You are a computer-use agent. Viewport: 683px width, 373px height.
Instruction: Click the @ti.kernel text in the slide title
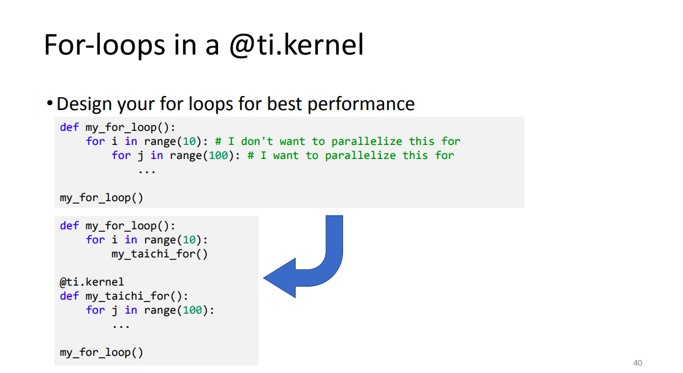coord(296,45)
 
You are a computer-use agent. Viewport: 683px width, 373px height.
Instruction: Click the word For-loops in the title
coord(105,45)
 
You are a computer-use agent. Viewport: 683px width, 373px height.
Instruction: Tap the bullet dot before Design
coord(50,103)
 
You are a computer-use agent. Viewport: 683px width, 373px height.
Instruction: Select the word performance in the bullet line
coord(361,105)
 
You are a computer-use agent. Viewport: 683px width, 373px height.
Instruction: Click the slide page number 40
coord(638,363)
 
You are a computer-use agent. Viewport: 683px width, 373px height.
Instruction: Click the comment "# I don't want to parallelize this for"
coord(338,141)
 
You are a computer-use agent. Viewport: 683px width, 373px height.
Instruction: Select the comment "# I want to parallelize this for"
coord(350,156)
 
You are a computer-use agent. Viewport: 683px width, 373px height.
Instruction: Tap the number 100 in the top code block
coord(218,156)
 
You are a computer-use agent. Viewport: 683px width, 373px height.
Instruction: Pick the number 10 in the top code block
coord(189,141)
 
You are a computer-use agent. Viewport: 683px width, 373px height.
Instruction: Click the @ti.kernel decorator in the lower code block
coord(92,282)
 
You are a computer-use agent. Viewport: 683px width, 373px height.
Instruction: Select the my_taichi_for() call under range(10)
coord(159,254)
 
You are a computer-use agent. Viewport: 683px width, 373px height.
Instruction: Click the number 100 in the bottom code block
coord(192,311)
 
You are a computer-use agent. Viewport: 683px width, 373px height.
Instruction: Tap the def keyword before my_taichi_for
coord(69,296)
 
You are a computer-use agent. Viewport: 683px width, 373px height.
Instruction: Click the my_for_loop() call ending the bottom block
coord(102,353)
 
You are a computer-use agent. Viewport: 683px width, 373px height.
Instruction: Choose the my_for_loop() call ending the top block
coord(102,198)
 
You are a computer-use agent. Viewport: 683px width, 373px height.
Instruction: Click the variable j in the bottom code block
coord(115,311)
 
